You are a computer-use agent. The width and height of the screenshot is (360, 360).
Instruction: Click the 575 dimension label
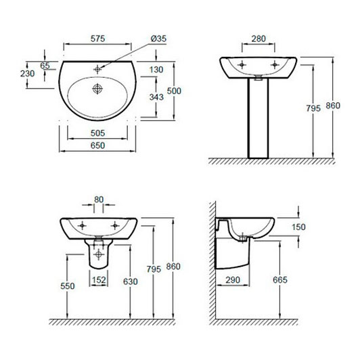coord(98,39)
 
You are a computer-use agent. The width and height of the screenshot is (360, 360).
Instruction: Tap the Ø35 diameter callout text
coord(158,39)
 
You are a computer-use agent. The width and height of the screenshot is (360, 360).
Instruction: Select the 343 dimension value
coord(156,97)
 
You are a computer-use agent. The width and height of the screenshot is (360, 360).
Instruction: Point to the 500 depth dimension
coord(174,91)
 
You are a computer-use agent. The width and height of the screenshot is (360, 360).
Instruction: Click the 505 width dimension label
coord(98,133)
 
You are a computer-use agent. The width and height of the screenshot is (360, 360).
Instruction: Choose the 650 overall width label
coord(98,145)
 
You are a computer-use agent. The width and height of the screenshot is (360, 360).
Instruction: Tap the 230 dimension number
coord(28,74)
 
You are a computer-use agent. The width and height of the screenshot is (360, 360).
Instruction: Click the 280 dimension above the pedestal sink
coord(258,39)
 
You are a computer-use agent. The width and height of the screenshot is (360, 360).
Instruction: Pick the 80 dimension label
coord(99,199)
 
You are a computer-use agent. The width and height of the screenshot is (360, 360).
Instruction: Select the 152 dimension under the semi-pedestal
coord(99,280)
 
